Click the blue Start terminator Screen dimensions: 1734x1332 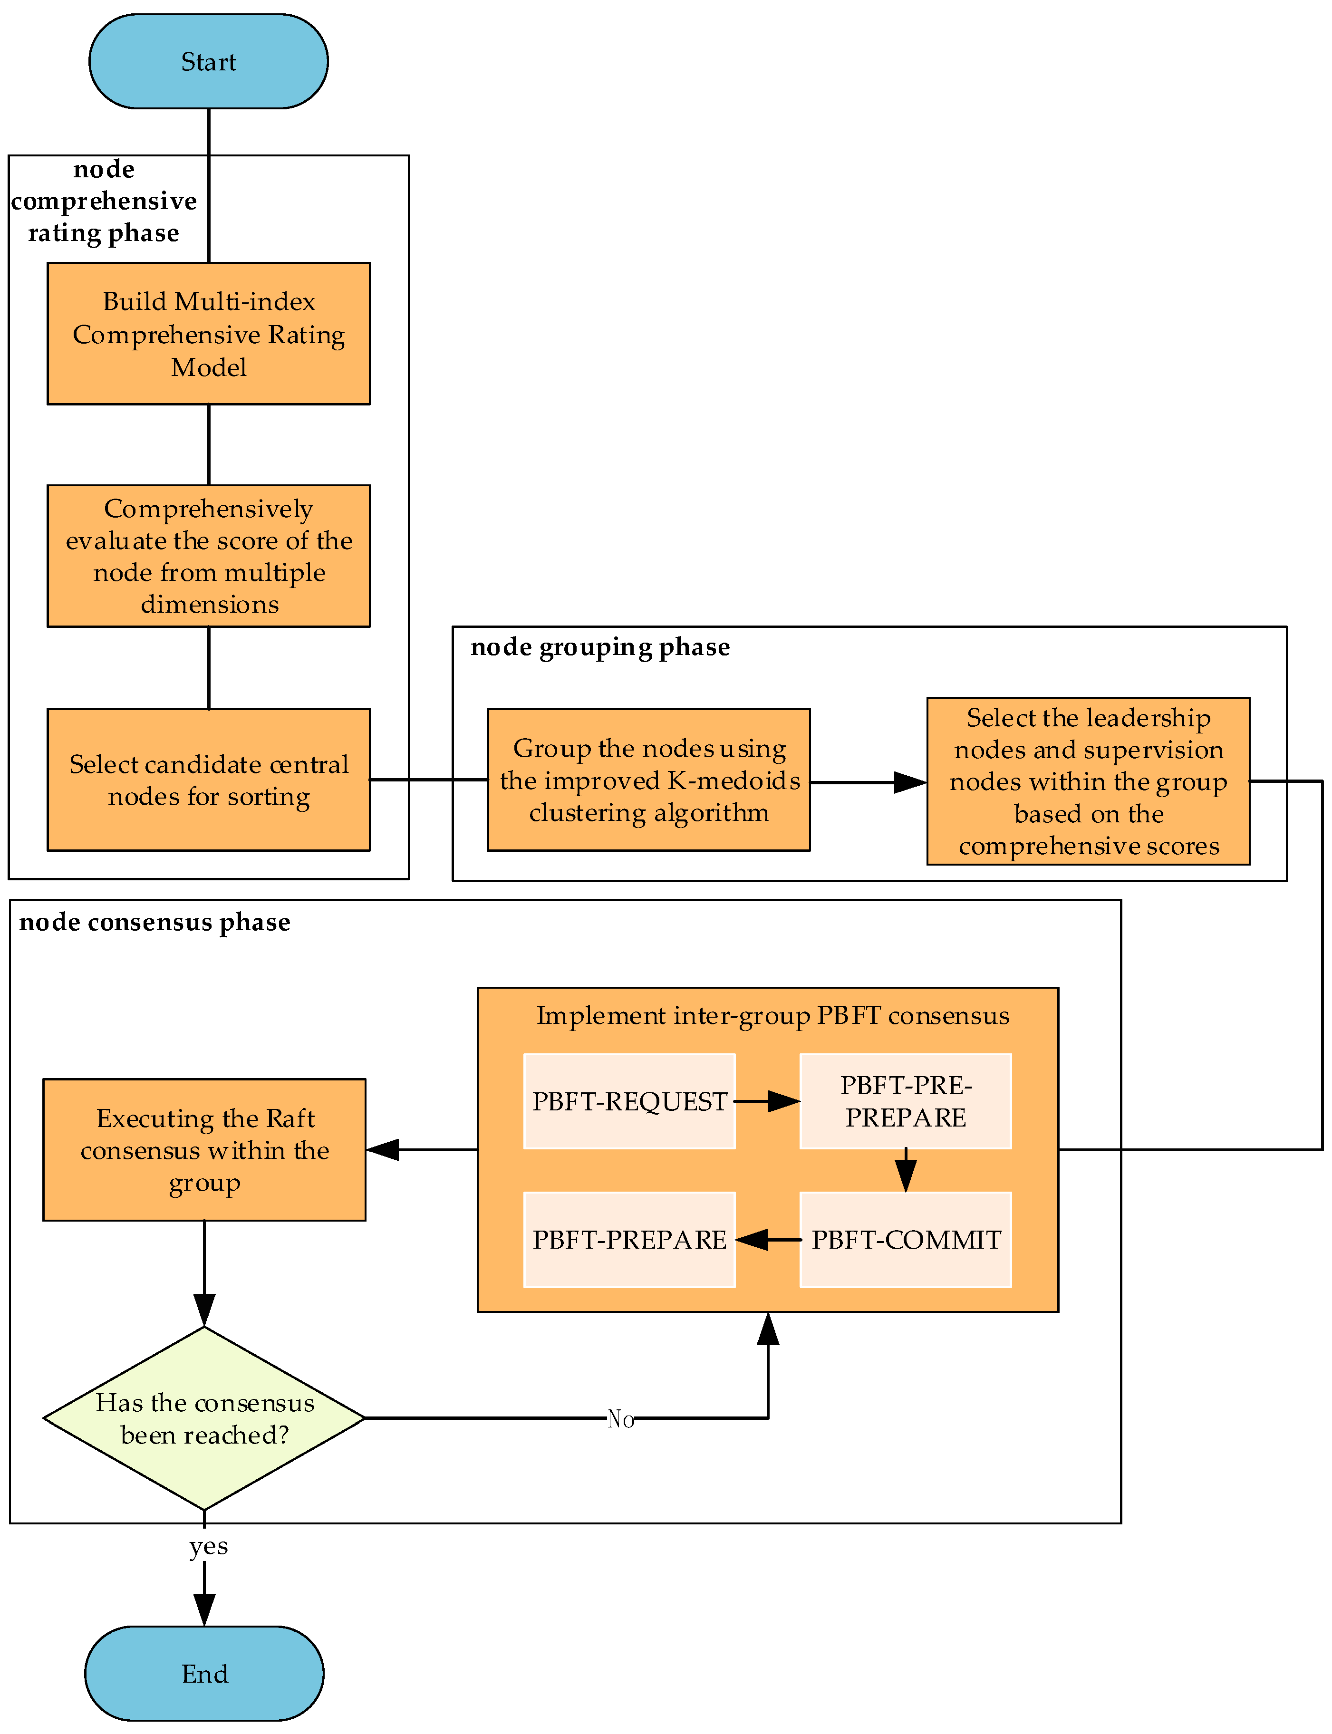(x=209, y=61)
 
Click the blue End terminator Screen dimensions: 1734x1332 (x=204, y=1673)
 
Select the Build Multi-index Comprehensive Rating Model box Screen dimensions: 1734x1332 (x=209, y=334)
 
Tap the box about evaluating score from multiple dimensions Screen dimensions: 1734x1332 (x=209, y=556)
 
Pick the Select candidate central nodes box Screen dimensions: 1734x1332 (x=209, y=780)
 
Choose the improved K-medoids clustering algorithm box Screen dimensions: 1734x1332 (x=648, y=780)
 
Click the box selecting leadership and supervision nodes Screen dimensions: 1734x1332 (x=1088, y=781)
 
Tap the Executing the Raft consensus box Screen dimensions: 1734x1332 (x=204, y=1150)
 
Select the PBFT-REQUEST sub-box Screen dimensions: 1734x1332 (x=629, y=1101)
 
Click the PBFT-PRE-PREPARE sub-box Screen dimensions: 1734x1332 (x=906, y=1101)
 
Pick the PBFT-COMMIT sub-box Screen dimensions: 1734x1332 (x=906, y=1239)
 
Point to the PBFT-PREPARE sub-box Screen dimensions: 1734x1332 (x=629, y=1239)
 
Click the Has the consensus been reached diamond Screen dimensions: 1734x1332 (x=204, y=1418)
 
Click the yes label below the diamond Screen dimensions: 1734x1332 (x=209, y=1546)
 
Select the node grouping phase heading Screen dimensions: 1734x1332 (x=600, y=647)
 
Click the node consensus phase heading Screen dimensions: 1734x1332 (x=154, y=922)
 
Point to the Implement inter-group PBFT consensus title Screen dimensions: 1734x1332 (x=773, y=1016)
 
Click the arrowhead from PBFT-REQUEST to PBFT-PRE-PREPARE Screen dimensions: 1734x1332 (x=784, y=1101)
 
